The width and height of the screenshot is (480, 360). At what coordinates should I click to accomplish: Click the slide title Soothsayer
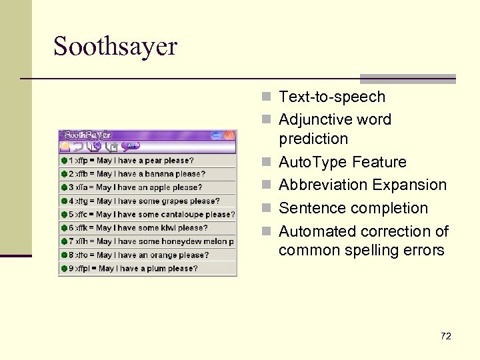point(115,47)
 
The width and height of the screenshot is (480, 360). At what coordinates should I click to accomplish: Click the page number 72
point(446,336)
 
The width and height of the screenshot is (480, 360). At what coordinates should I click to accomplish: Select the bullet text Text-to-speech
point(331,97)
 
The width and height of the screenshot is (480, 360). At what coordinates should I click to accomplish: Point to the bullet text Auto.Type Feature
point(342,162)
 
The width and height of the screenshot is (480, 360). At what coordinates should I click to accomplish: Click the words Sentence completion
point(353,208)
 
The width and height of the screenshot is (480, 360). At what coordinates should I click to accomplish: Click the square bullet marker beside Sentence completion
point(267,208)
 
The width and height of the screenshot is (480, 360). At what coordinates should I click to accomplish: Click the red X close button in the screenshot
point(229,135)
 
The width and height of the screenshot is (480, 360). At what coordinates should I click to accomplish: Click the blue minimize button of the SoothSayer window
point(216,135)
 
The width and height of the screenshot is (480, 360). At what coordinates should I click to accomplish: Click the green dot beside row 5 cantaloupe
point(64,215)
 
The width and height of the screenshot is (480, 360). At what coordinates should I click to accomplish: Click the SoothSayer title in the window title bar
point(87,135)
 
